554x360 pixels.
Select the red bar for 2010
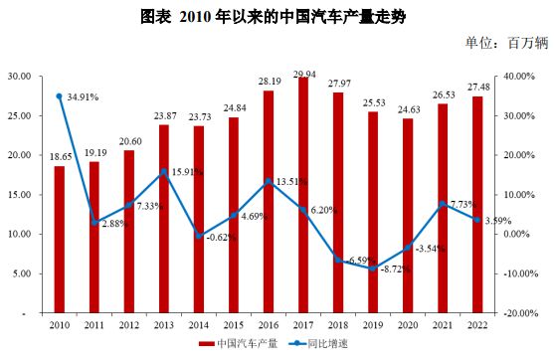[x=59, y=239]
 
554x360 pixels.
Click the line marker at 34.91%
[x=59, y=96]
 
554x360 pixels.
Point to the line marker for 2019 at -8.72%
[x=374, y=269]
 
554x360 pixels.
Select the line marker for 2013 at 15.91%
[x=163, y=172]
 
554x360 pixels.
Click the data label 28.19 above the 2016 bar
[x=269, y=83]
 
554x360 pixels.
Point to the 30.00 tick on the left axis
[x=17, y=76]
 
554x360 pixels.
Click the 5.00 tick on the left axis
[x=19, y=273]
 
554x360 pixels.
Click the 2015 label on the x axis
[x=234, y=324]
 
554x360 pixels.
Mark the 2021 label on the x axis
[x=444, y=324]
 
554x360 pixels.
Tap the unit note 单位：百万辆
[x=506, y=45]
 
